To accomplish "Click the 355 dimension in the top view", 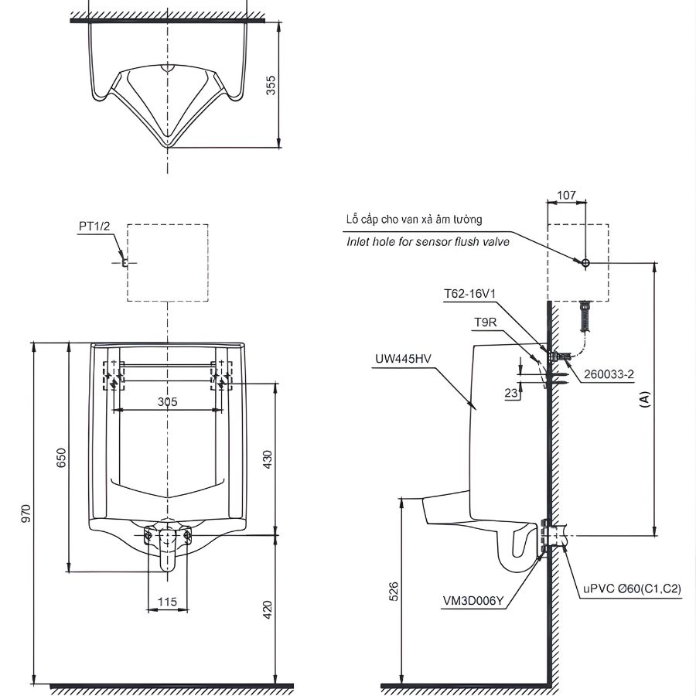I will [x=271, y=84].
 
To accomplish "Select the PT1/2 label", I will [x=94, y=225].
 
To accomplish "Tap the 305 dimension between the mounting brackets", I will [x=168, y=401].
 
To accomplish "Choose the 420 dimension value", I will [x=268, y=610].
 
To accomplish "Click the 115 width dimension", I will [x=167, y=601].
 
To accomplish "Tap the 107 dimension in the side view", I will [x=566, y=196].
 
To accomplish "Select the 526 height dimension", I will [x=393, y=592].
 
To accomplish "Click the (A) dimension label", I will [x=645, y=399].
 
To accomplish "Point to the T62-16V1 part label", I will [x=469, y=293].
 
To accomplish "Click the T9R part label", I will [x=485, y=322].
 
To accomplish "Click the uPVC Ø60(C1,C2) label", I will [x=632, y=589].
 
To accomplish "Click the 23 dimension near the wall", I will [x=510, y=393].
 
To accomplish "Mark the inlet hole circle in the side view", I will [x=585, y=263].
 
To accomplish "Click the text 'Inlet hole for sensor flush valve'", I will [x=428, y=242].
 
